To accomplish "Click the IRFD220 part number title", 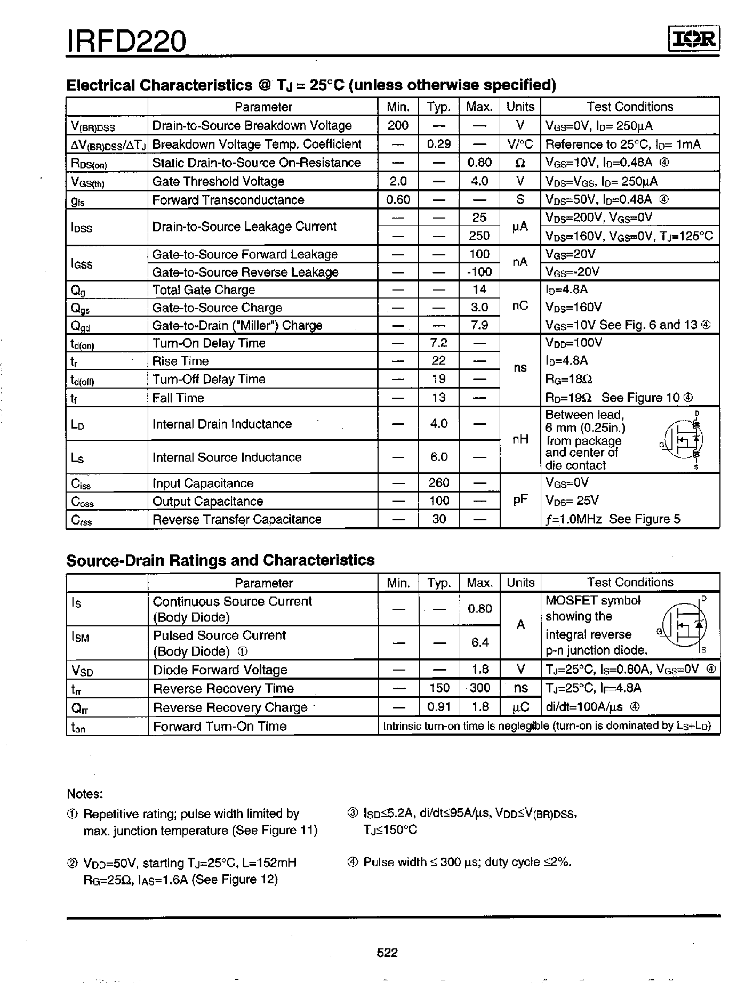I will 126,41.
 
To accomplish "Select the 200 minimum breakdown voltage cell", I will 398,125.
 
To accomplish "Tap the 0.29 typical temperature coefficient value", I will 438,144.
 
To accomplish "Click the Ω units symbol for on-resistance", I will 520,163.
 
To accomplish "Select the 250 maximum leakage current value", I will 479,236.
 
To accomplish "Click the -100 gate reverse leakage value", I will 479,272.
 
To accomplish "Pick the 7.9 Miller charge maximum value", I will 479,325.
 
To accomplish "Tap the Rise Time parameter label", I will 180,361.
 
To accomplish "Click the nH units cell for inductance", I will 520,439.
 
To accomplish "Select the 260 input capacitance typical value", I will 438,483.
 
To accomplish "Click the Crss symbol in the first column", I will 81,520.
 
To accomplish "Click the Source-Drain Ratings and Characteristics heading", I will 220,560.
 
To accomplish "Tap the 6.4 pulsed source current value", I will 479,643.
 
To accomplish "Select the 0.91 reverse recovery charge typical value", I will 439,707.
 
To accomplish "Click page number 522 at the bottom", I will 387,953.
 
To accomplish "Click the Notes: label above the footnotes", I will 84,794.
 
